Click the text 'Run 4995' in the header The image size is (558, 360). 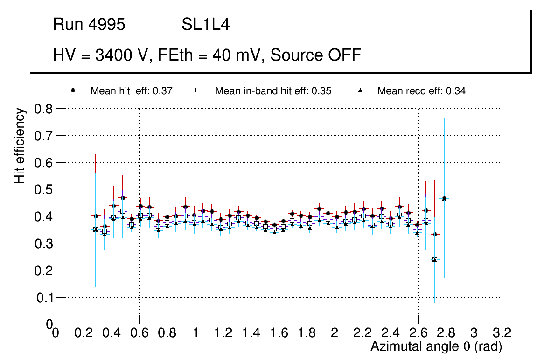[89, 25]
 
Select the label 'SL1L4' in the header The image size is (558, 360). [205, 25]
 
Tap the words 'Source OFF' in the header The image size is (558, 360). [316, 55]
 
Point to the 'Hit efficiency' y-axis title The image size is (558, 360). [19, 145]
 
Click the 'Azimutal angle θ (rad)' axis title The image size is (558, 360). [436, 346]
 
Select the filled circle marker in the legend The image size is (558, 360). [73, 90]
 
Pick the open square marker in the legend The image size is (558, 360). [197, 90]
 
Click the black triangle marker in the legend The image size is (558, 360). [360, 90]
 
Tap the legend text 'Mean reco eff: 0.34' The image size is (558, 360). [421, 91]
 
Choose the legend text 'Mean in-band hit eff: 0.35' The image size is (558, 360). [273, 91]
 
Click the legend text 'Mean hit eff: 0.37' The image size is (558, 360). [132, 91]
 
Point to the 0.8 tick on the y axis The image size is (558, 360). [44, 109]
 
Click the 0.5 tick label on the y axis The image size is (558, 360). [44, 189]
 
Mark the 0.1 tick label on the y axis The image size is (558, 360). [44, 297]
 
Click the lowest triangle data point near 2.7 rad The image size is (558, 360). [435, 260]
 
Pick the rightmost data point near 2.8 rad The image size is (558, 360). [444, 198]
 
